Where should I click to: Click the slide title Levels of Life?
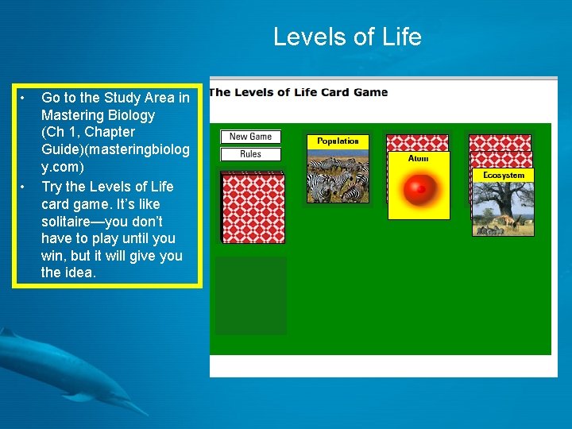(x=347, y=37)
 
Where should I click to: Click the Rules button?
(x=250, y=154)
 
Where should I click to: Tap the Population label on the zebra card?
(x=338, y=141)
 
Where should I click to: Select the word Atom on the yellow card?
(x=418, y=159)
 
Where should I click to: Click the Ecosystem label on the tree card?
(x=504, y=175)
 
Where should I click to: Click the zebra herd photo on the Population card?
(x=338, y=176)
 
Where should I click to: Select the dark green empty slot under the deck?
(x=251, y=295)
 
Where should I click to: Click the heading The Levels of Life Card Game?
(x=299, y=92)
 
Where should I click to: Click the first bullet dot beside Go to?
(x=25, y=98)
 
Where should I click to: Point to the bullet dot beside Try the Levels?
(x=25, y=187)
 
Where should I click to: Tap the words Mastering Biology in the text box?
(x=99, y=115)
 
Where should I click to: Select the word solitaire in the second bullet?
(x=68, y=222)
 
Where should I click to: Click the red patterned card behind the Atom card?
(x=417, y=142)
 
